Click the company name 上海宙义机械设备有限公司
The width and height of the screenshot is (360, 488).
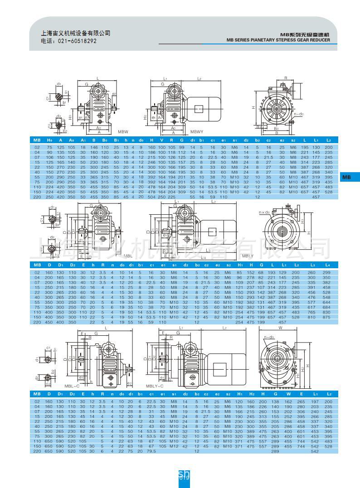tap(76, 33)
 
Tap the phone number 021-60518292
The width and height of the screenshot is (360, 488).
tap(68, 41)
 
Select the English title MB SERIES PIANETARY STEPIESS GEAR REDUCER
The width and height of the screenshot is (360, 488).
tap(278, 40)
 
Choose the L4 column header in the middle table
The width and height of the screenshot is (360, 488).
tap(327, 265)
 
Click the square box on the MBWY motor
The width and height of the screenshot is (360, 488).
tap(199, 109)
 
